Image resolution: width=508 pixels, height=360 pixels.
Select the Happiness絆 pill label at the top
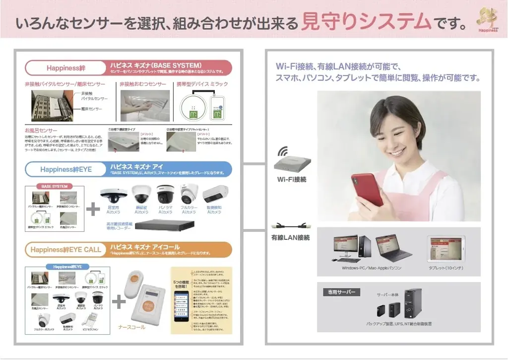click(x=66, y=68)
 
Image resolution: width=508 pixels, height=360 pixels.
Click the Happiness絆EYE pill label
click(x=66, y=169)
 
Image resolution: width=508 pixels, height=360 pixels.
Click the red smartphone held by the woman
click(x=367, y=189)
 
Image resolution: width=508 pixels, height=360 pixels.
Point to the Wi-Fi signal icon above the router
click(x=283, y=151)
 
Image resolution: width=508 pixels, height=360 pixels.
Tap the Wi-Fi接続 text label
click(x=291, y=179)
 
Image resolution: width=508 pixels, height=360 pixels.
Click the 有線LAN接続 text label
click(x=290, y=238)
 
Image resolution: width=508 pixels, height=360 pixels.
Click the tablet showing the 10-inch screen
click(x=445, y=249)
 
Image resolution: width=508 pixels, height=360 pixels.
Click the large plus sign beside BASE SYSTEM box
click(x=93, y=209)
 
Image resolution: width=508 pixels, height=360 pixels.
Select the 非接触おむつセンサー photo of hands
click(x=145, y=105)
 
